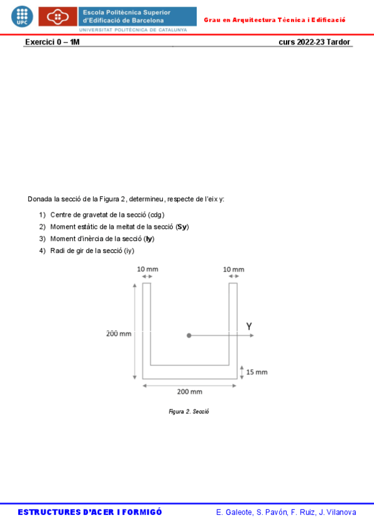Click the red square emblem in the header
click(58, 16)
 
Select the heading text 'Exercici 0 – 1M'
click(52, 42)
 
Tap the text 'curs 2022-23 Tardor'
click(314, 42)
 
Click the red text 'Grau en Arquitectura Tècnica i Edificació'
click(275, 20)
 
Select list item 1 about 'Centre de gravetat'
click(107, 214)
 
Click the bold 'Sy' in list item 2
click(182, 226)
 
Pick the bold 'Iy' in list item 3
click(149, 239)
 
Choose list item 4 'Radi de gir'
click(92, 251)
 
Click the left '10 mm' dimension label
click(147, 269)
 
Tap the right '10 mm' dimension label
click(234, 269)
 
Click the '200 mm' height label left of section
click(117, 334)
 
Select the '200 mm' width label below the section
click(190, 392)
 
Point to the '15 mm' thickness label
click(257, 372)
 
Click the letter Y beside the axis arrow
click(249, 326)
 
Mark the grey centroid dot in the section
click(189, 336)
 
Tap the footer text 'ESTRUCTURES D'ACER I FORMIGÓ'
click(90, 512)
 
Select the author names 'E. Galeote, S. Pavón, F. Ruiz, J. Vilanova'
click(286, 512)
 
